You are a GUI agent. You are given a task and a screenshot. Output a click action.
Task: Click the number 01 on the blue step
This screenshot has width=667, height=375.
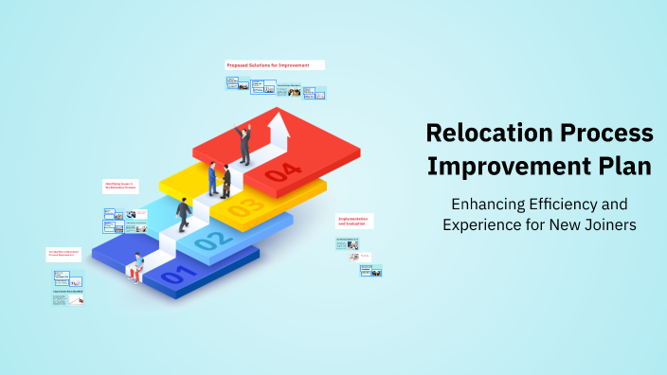[x=175, y=277]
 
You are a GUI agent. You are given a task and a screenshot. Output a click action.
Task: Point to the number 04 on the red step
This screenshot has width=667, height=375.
[x=284, y=171]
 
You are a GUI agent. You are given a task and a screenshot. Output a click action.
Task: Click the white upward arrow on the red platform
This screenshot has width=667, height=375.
[x=279, y=127]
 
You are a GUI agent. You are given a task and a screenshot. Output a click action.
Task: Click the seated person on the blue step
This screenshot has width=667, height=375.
[x=138, y=268]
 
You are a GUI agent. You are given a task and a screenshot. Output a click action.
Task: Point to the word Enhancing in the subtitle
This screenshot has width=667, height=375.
[x=487, y=204]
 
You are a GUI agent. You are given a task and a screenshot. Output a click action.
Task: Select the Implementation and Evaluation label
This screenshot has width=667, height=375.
[x=352, y=221]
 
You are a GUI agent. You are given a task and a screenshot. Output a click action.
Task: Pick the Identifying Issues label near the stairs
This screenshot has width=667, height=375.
[x=120, y=184]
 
